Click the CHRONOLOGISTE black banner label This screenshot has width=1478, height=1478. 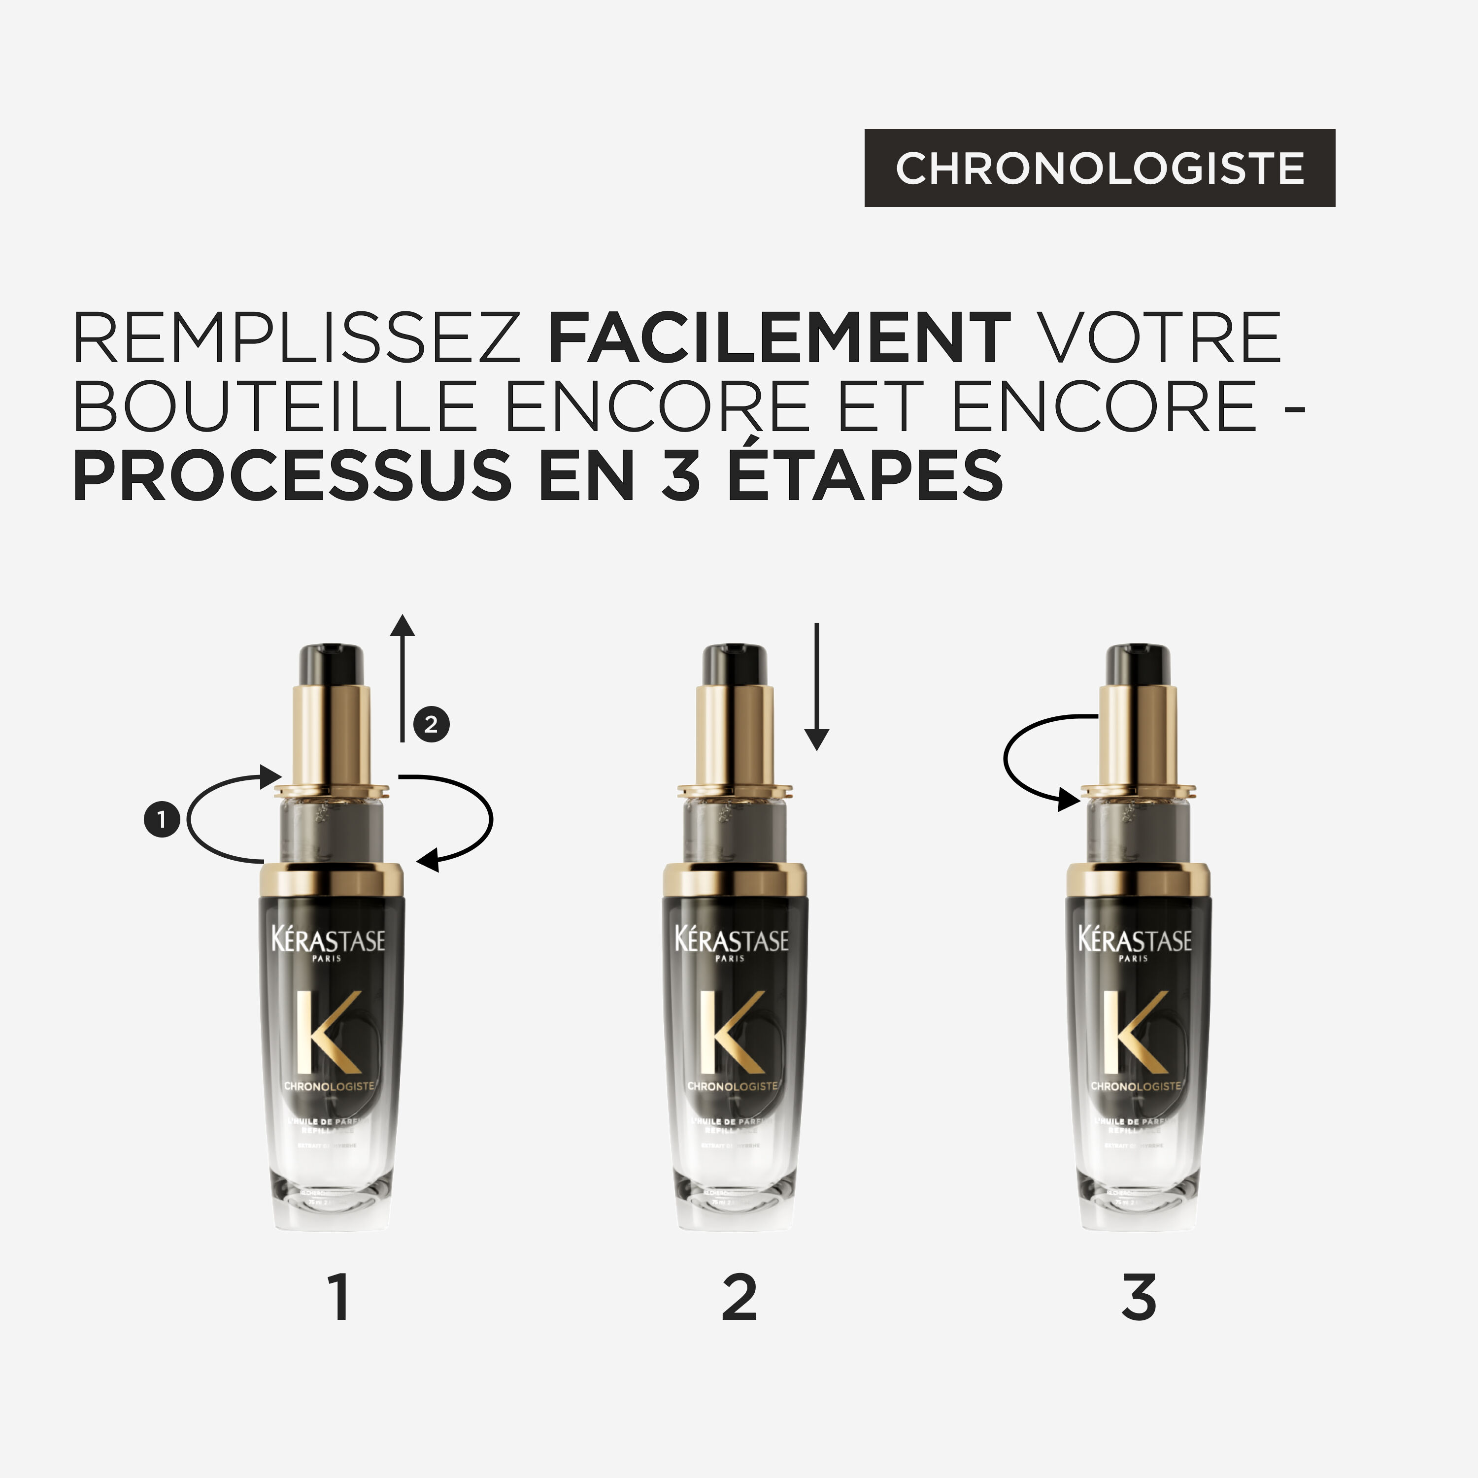(x=1099, y=168)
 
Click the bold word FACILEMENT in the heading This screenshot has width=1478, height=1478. (x=779, y=338)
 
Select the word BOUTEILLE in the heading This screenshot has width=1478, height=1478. (x=275, y=406)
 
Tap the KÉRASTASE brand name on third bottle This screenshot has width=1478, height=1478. (x=1135, y=940)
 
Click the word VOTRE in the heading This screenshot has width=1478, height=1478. (x=1161, y=338)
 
